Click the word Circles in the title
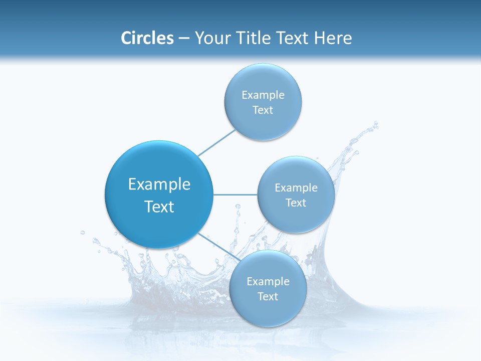tap(147, 38)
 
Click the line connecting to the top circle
tap(216, 142)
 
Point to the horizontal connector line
tap(235, 195)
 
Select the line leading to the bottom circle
tap(218, 247)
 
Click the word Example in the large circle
tap(159, 185)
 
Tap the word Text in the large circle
tap(159, 207)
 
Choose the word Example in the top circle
tap(263, 95)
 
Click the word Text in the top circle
tap(263, 110)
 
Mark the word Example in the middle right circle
tap(296, 188)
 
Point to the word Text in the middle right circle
tap(296, 203)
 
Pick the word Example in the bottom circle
tap(268, 282)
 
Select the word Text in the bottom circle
tap(268, 297)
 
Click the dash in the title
tap(184, 39)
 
